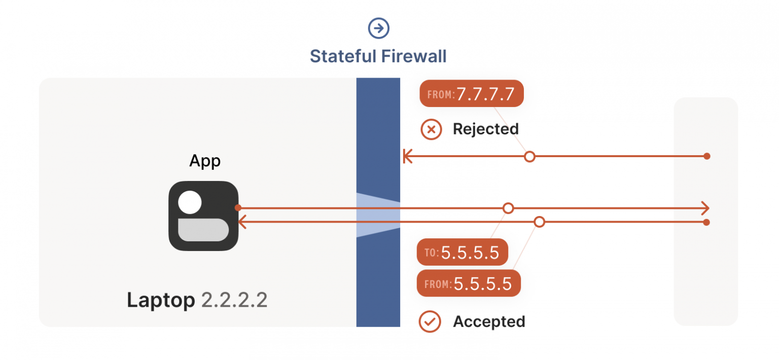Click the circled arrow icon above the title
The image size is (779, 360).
378,28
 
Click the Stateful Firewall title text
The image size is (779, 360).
378,56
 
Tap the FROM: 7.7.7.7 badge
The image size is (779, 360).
471,94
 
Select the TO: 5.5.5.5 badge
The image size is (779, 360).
462,252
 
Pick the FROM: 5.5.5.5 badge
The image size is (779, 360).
469,283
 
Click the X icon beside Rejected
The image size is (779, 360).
431,129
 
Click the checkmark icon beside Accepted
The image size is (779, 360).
430,321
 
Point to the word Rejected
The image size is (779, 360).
485,129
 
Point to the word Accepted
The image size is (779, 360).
489,321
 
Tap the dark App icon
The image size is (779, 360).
203,216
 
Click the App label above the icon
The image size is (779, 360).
205,161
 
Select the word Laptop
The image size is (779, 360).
161,300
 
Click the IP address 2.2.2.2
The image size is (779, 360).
234,300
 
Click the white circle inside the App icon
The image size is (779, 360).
190,203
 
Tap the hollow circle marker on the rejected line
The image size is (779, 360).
529,157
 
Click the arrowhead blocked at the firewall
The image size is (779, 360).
406,157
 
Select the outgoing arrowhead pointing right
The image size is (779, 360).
704,208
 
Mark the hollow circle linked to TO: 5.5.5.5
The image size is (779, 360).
508,208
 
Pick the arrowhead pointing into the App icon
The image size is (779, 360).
242,222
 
